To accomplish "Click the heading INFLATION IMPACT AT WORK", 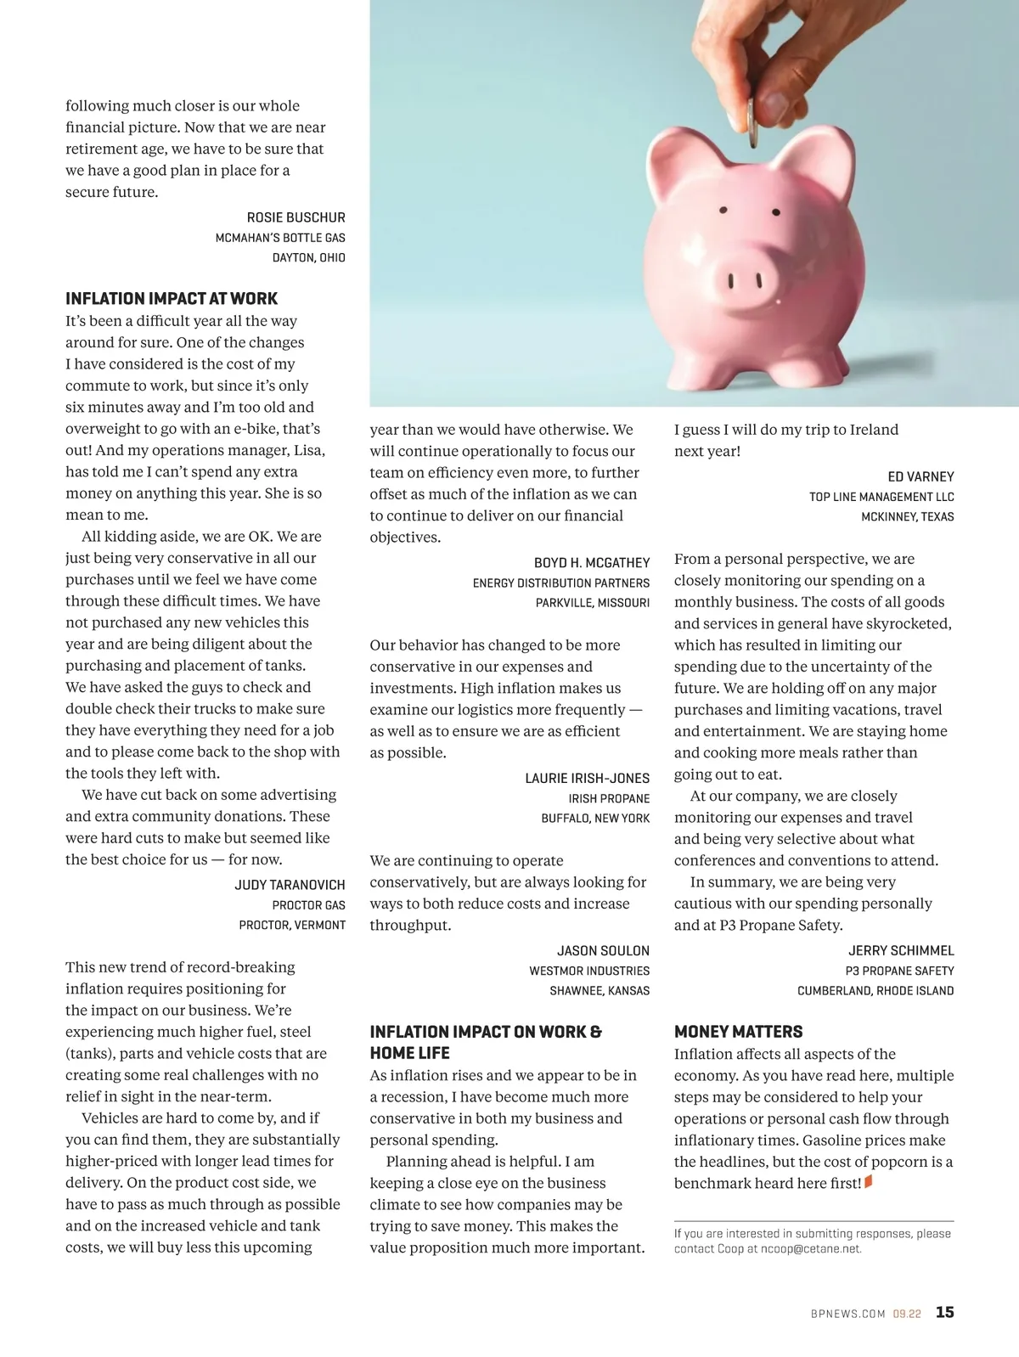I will pyautogui.click(x=172, y=299).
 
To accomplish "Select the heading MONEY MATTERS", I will pyautogui.click(x=738, y=1032).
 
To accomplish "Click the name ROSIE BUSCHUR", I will pyautogui.click(x=296, y=218).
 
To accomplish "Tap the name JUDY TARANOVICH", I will pyautogui.click(x=290, y=885).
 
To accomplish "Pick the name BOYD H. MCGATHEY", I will pyautogui.click(x=591, y=563).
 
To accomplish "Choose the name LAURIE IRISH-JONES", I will pyautogui.click(x=587, y=778).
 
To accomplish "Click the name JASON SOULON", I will pyautogui.click(x=603, y=951).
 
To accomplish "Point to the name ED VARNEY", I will pyautogui.click(x=920, y=477).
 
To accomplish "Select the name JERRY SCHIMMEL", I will pyautogui.click(x=901, y=951).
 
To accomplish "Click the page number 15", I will pyautogui.click(x=944, y=1312).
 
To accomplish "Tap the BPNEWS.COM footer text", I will pyautogui.click(x=847, y=1314).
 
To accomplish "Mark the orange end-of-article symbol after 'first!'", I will pyautogui.click(x=868, y=1182).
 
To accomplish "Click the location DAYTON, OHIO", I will pyautogui.click(x=308, y=257).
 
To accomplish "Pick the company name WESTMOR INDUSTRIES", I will pyautogui.click(x=589, y=971).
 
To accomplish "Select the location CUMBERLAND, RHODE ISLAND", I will pyautogui.click(x=875, y=991).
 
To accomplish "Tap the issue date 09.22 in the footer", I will pyautogui.click(x=906, y=1314).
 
